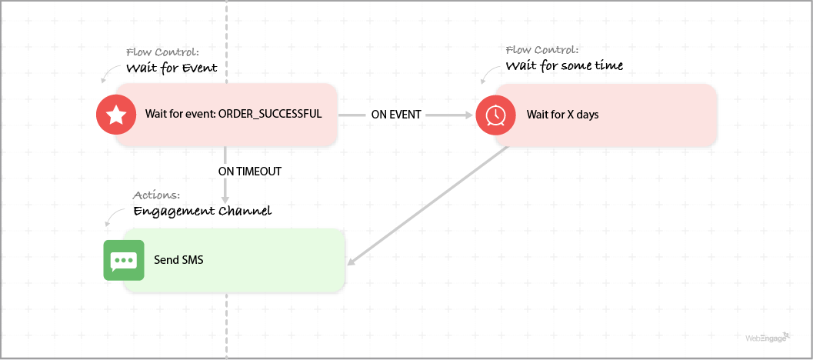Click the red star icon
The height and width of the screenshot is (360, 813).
(x=116, y=115)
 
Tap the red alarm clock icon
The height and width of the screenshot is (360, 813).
(x=495, y=115)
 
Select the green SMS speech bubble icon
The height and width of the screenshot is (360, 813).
(x=124, y=260)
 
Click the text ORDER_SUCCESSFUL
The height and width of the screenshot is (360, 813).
(x=269, y=115)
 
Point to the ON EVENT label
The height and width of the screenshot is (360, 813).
(x=396, y=115)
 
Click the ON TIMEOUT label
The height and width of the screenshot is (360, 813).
(x=250, y=172)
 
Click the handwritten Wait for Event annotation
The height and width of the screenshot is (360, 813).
(x=172, y=68)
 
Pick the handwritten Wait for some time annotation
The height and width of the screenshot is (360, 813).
(x=564, y=65)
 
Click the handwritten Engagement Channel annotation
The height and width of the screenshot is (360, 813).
(x=202, y=210)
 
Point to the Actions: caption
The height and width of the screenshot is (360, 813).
(x=157, y=195)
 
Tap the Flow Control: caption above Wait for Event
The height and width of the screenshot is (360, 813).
(x=162, y=52)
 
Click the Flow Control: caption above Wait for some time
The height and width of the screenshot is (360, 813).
(x=541, y=50)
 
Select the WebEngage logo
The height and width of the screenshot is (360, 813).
(x=768, y=337)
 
